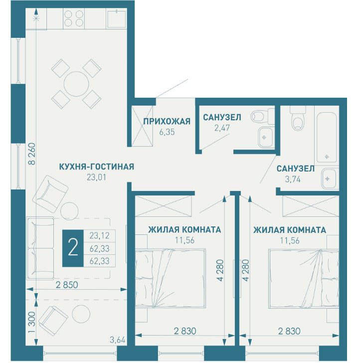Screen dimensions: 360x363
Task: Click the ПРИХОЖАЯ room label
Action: coord(167,121)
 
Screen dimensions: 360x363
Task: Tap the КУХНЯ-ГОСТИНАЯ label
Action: coord(97,167)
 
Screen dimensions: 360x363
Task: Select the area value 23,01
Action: coord(96,178)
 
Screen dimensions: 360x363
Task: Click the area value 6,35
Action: coord(167,132)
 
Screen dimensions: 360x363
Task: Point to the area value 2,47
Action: coord(222,128)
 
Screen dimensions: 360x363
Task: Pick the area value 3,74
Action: coord(293,179)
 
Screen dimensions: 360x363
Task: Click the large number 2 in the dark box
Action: coord(73,248)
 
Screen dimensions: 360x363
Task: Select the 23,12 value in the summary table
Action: coord(99,236)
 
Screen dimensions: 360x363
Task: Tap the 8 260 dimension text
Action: coord(32,154)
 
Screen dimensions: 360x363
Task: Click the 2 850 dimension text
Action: coord(67,285)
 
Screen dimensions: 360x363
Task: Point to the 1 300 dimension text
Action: coord(32,322)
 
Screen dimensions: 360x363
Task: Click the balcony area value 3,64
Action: coord(117,340)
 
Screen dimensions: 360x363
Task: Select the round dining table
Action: coord(76,84)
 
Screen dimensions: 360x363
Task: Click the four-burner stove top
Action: coord(74,18)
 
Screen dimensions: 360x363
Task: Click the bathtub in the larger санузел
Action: coord(327,137)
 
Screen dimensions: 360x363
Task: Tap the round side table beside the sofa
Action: coord(69,211)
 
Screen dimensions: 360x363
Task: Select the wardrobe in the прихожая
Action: coord(143,126)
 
